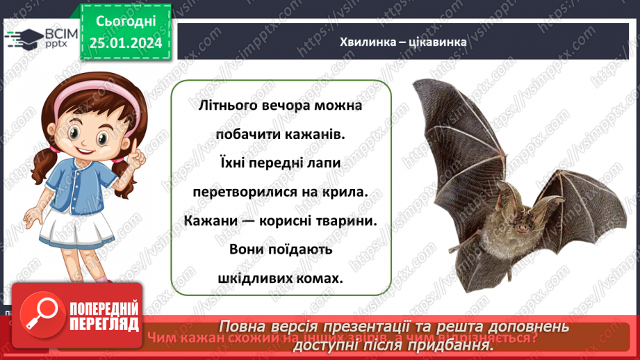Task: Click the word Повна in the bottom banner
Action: pyautogui.click(x=247, y=327)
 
